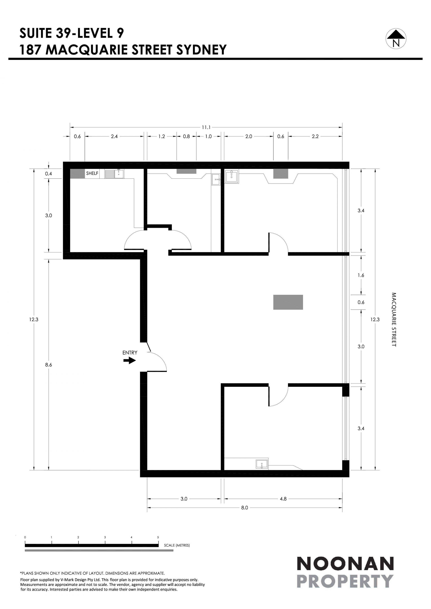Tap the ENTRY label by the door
coord(130,353)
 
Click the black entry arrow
coord(130,360)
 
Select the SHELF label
coord(92,173)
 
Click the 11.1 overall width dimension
coord(206,127)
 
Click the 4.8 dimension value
coord(283,499)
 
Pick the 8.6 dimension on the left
coord(48,365)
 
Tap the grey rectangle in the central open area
coord(288,302)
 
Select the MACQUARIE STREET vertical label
coord(394,320)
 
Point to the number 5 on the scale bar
coord(158,537)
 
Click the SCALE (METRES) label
coord(177,545)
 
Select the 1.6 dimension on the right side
coord(361,275)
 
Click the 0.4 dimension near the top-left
coord(48,174)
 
